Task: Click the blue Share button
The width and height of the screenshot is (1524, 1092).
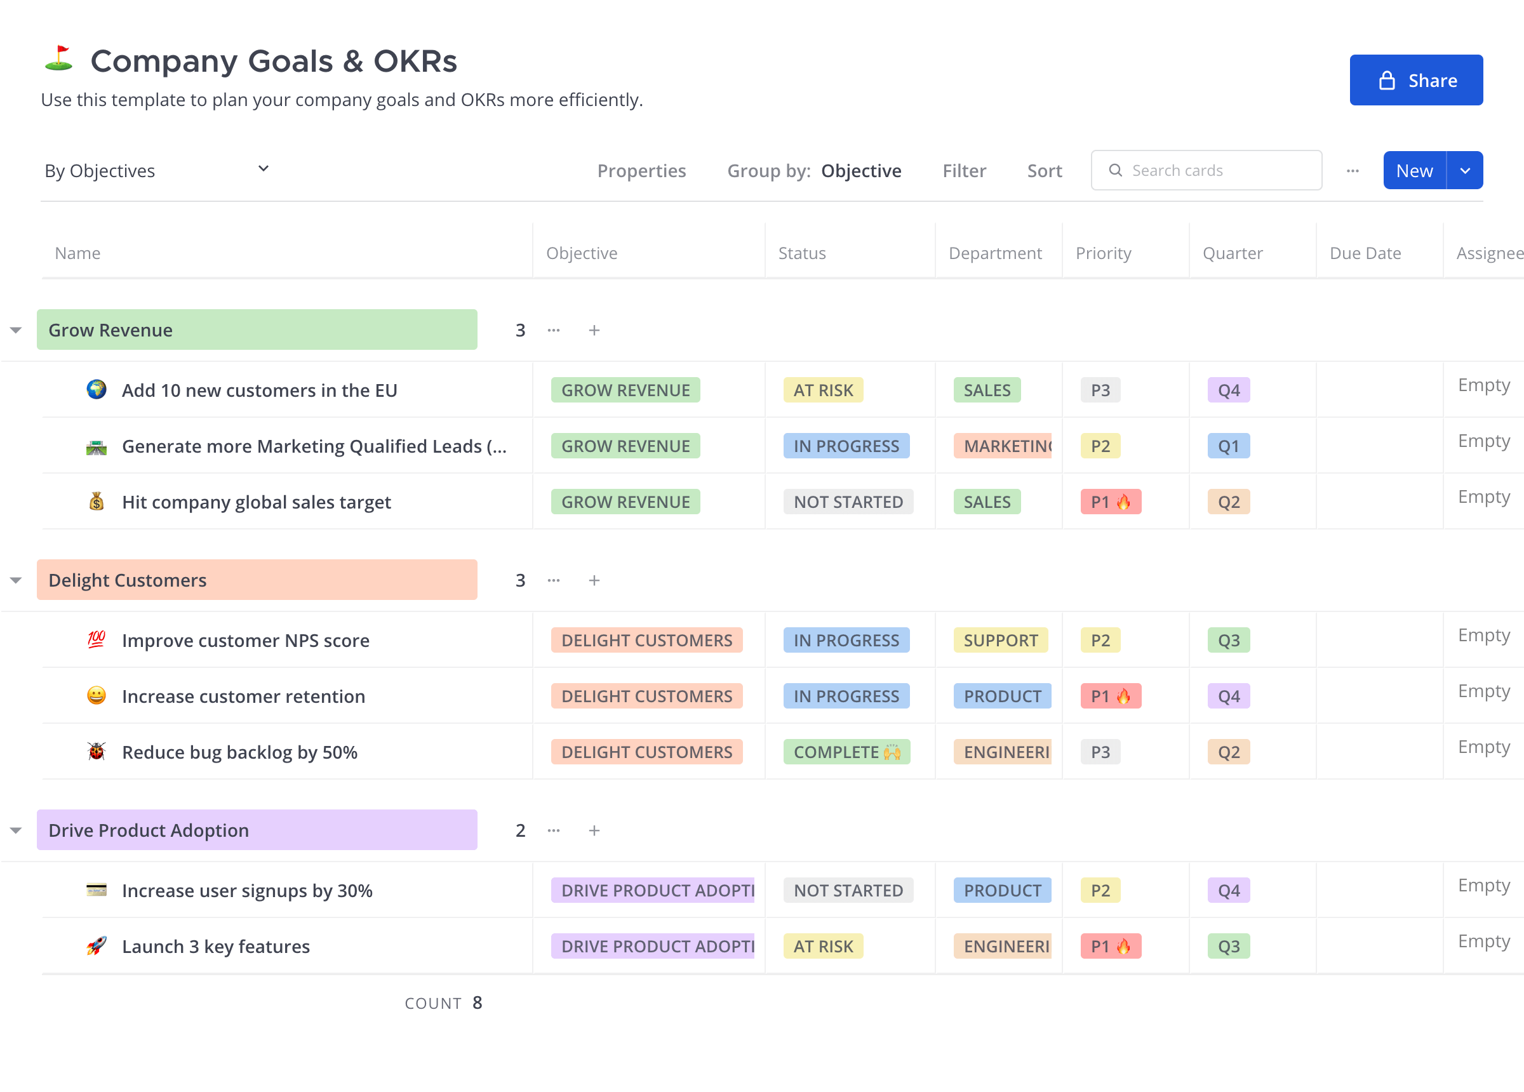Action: tap(1416, 80)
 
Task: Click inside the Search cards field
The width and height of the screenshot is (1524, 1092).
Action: tap(1216, 171)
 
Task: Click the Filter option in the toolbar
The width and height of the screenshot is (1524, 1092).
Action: tap(963, 171)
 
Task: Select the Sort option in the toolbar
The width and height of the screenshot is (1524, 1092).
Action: tap(1043, 171)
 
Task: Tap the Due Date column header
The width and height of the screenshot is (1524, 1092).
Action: tap(1365, 253)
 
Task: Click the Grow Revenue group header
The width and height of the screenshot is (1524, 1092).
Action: tap(257, 330)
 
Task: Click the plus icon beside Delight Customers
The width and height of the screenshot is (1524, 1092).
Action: tap(594, 581)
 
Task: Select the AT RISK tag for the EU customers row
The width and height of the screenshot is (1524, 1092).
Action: tap(822, 390)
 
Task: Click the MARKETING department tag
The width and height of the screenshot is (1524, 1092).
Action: tap(1003, 446)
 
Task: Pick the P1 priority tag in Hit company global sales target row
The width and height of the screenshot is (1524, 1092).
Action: tap(1110, 502)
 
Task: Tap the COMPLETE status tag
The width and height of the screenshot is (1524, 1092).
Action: tap(846, 752)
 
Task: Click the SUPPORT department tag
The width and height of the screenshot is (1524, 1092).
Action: tap(1000, 641)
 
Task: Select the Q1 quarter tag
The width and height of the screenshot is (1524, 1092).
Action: tap(1228, 446)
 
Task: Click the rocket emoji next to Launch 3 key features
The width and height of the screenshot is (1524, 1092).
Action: tap(96, 946)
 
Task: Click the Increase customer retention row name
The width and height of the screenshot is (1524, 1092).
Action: tap(243, 696)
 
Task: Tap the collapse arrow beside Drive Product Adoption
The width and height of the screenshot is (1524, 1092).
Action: tap(16, 830)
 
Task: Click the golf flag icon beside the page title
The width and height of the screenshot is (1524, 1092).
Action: tap(59, 59)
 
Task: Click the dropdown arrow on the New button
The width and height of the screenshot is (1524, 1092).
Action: tap(1465, 171)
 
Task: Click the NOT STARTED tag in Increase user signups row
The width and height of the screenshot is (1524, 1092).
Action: tap(848, 890)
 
